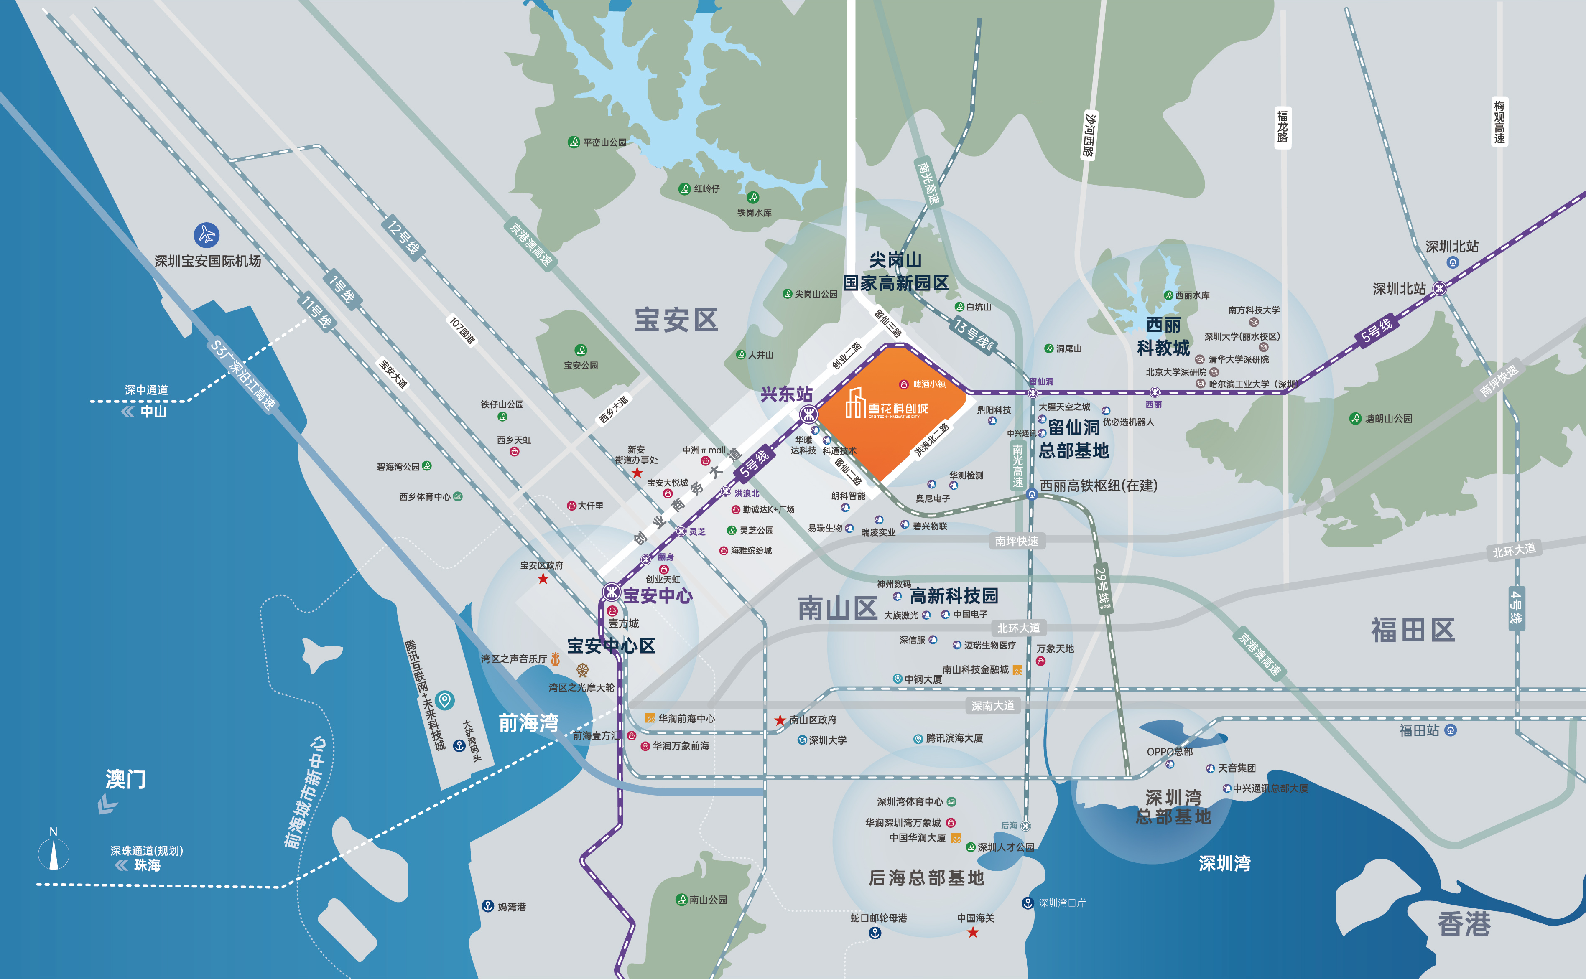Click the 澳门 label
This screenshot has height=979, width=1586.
click(126, 779)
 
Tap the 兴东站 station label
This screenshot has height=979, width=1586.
click(786, 394)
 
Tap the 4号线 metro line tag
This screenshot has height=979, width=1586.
click(1516, 608)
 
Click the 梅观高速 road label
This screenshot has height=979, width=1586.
click(1499, 122)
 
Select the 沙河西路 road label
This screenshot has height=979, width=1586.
click(1089, 135)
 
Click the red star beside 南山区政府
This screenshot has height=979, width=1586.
click(780, 720)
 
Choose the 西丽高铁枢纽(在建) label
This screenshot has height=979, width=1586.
click(1098, 486)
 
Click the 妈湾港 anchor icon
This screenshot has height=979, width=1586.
click(488, 906)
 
